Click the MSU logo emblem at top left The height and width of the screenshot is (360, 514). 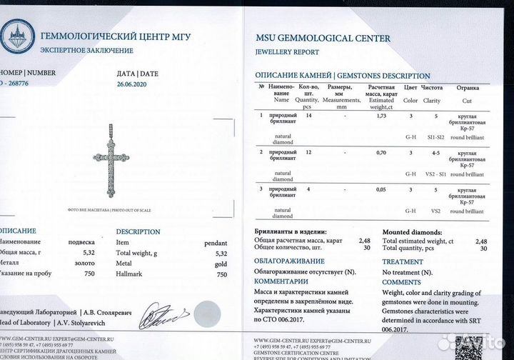point(16,36)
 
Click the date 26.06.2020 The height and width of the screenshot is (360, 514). point(134,84)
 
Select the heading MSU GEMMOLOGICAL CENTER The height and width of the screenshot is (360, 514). point(323,39)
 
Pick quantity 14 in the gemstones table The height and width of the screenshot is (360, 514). point(308,115)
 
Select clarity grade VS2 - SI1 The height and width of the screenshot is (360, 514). point(432,174)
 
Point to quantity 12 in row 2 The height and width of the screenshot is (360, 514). point(308,153)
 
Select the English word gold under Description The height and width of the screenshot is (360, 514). point(220,264)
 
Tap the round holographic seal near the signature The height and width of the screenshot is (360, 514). point(208,313)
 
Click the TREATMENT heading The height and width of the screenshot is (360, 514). point(403,262)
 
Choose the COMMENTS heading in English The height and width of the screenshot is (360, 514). point(401,282)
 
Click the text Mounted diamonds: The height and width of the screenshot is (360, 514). point(410,232)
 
